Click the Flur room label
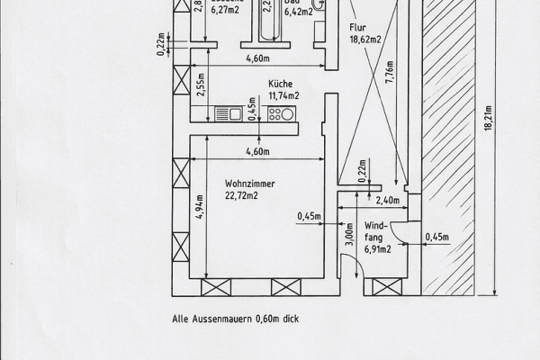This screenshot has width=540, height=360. pyautogui.click(x=358, y=28)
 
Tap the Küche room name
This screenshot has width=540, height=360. pyautogui.click(x=280, y=83)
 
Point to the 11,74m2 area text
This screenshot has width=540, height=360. pyautogui.click(x=283, y=95)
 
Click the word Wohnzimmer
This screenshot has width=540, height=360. pyautogui.click(x=249, y=184)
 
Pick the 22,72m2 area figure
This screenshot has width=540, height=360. pyautogui.click(x=241, y=196)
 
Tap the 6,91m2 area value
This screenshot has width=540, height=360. pyautogui.click(x=377, y=249)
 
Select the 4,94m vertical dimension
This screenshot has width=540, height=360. pyautogui.click(x=199, y=207)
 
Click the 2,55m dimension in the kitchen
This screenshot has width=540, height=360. pyautogui.click(x=199, y=85)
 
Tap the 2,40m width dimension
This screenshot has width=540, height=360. pyautogui.click(x=386, y=201)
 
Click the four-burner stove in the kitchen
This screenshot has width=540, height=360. pyautogui.click(x=282, y=113)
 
